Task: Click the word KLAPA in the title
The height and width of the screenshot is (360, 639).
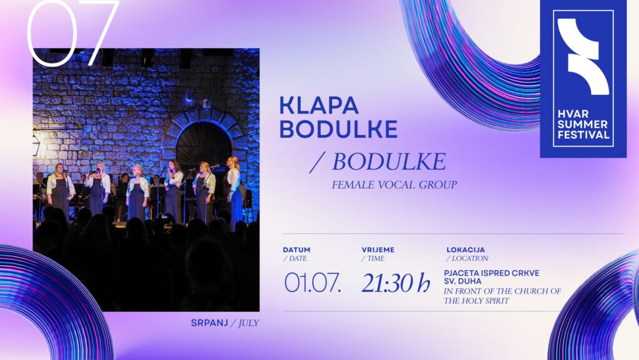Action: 319,105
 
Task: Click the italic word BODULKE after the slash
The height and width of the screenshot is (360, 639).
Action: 389,162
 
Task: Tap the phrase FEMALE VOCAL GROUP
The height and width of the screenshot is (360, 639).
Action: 394,185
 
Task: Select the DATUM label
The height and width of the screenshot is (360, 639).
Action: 296,250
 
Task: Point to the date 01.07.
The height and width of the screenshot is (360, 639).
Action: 313,283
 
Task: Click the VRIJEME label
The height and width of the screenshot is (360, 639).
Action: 378,250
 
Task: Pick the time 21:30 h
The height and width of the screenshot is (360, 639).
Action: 396,283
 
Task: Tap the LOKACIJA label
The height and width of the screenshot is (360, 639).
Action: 466,250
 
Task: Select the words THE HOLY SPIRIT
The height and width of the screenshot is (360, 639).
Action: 476,301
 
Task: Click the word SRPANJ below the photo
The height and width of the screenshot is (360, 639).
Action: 210,323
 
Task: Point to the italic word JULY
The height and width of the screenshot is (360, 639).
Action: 248,323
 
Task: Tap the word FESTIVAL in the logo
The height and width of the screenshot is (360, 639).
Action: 583,134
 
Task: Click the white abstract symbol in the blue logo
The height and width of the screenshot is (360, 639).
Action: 583,56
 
